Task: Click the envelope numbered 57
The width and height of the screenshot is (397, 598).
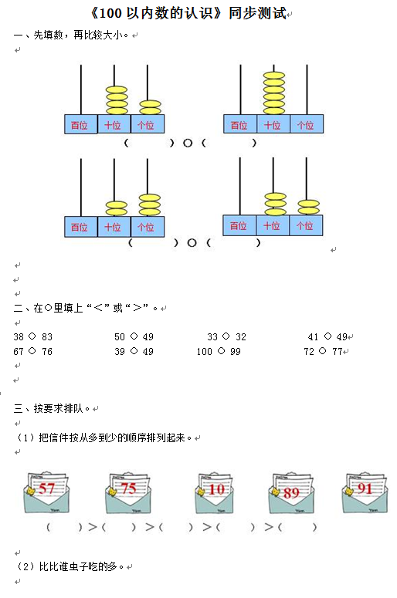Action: tap(46, 492)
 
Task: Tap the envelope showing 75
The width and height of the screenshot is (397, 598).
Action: tap(128, 493)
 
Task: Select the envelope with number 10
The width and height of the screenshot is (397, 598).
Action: tap(214, 493)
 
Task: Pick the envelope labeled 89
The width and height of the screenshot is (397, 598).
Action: tap(291, 493)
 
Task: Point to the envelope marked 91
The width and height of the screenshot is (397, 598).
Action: tap(365, 492)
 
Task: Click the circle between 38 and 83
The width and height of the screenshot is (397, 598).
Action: tap(32, 336)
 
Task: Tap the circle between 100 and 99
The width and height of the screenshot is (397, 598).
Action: tap(221, 350)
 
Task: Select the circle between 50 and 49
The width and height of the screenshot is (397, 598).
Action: tap(134, 336)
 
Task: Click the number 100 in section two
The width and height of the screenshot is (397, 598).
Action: tap(204, 351)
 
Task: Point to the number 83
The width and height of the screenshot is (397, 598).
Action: tap(47, 336)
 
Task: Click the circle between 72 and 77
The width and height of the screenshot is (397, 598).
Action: tap(323, 350)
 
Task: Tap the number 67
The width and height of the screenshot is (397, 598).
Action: tap(19, 351)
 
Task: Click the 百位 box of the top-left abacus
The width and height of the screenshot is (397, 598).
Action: tap(80, 124)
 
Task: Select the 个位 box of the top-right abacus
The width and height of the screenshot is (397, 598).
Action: tap(307, 124)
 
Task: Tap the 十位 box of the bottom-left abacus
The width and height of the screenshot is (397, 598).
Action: tap(114, 227)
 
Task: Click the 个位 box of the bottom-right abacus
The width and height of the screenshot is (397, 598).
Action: tap(306, 225)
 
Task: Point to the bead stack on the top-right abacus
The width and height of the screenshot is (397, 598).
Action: tap(273, 93)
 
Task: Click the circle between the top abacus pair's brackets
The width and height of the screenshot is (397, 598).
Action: tap(188, 143)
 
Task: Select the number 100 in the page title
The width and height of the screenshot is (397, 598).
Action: tap(110, 14)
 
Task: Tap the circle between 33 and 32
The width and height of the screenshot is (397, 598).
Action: tap(226, 336)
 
